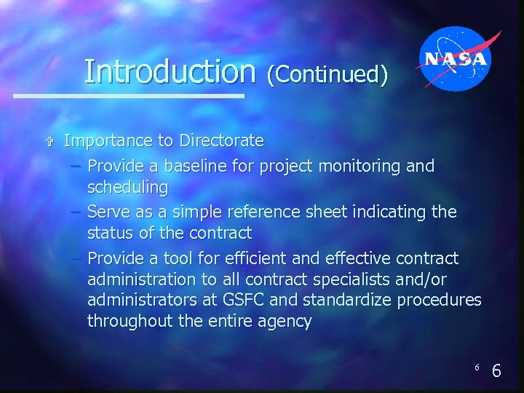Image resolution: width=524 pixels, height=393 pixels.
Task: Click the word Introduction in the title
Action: pyautogui.click(x=170, y=71)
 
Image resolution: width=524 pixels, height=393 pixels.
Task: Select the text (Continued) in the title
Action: pyautogui.click(x=327, y=74)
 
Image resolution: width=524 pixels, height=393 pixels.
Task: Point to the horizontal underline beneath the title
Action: pyautogui.click(x=129, y=95)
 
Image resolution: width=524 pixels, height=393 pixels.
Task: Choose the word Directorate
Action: pyautogui.click(x=221, y=140)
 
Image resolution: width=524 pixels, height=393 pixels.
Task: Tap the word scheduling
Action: pyautogui.click(x=127, y=188)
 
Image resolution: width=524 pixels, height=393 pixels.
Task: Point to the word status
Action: pyautogui.click(x=110, y=234)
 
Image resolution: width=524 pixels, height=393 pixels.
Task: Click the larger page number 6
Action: pyautogui.click(x=496, y=371)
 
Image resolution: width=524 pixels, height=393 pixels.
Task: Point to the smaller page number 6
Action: pyautogui.click(x=477, y=368)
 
